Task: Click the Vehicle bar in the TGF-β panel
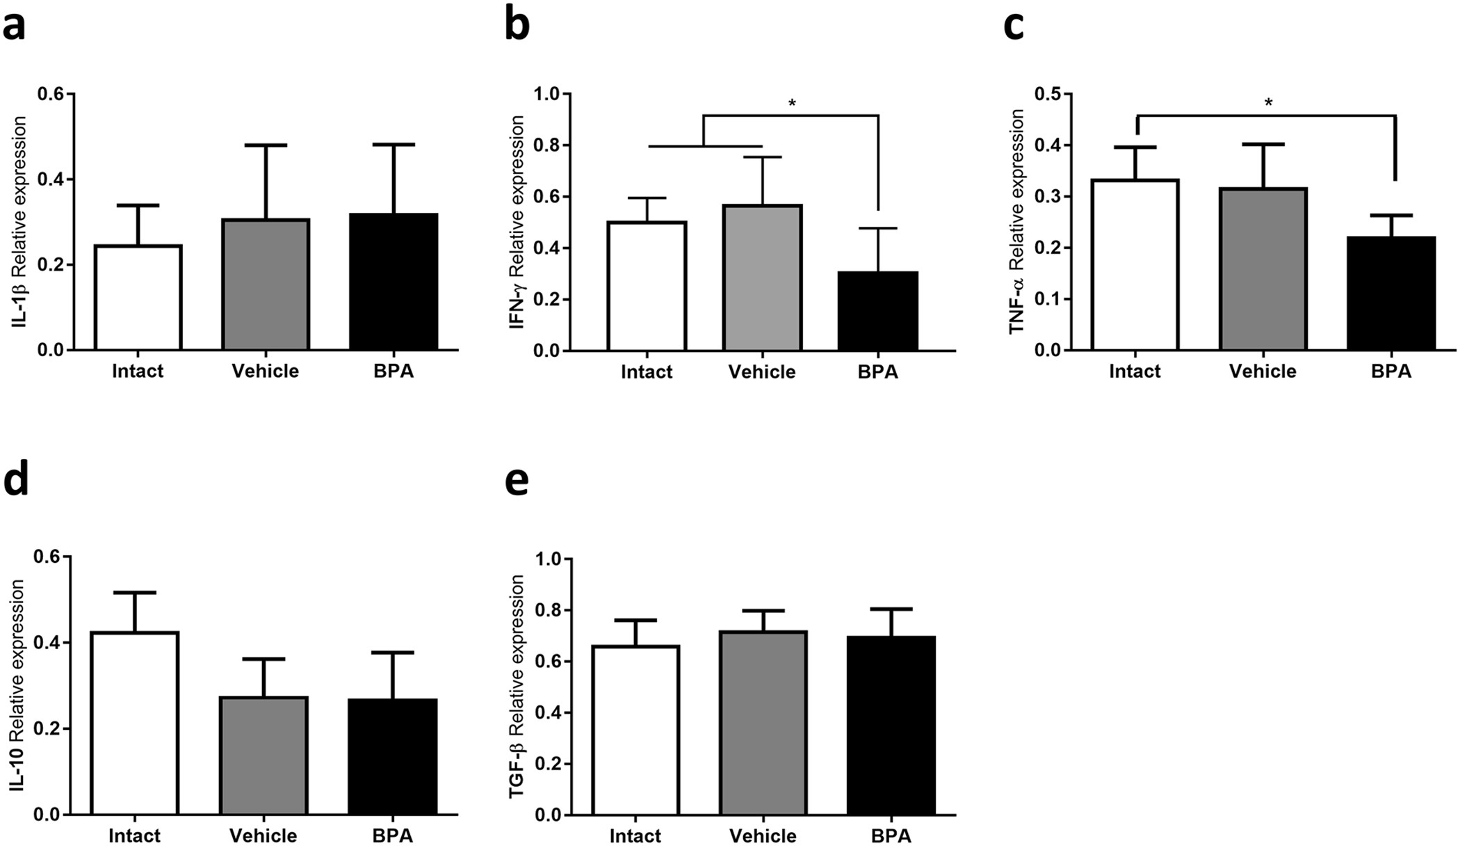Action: (763, 724)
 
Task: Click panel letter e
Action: (517, 480)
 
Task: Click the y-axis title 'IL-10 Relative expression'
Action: (19, 685)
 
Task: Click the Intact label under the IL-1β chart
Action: (138, 371)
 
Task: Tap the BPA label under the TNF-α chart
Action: (1390, 371)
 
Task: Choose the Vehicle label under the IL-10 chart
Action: (264, 835)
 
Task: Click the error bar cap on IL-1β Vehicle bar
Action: (266, 145)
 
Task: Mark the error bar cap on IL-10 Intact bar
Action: (135, 592)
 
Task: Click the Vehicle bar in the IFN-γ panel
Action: (763, 278)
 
